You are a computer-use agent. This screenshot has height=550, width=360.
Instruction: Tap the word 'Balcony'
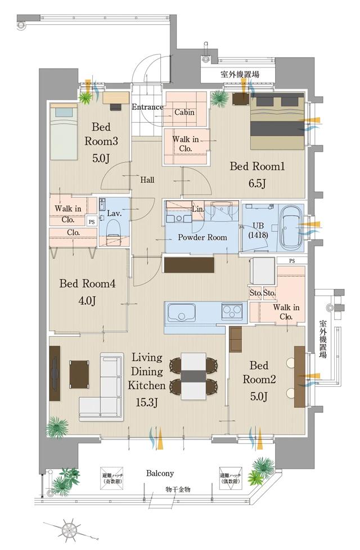click(x=160, y=473)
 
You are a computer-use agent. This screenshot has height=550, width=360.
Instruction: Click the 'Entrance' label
click(x=147, y=107)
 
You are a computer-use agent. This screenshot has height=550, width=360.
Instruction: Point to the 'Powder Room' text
click(x=202, y=237)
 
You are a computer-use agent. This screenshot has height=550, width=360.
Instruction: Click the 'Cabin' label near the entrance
click(x=184, y=112)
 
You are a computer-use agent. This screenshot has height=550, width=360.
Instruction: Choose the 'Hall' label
click(x=147, y=180)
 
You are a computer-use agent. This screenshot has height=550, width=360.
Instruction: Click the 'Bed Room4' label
click(x=88, y=284)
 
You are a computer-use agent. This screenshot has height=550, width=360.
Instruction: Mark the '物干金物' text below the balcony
click(x=178, y=489)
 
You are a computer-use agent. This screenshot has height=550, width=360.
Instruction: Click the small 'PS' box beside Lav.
click(x=92, y=222)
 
